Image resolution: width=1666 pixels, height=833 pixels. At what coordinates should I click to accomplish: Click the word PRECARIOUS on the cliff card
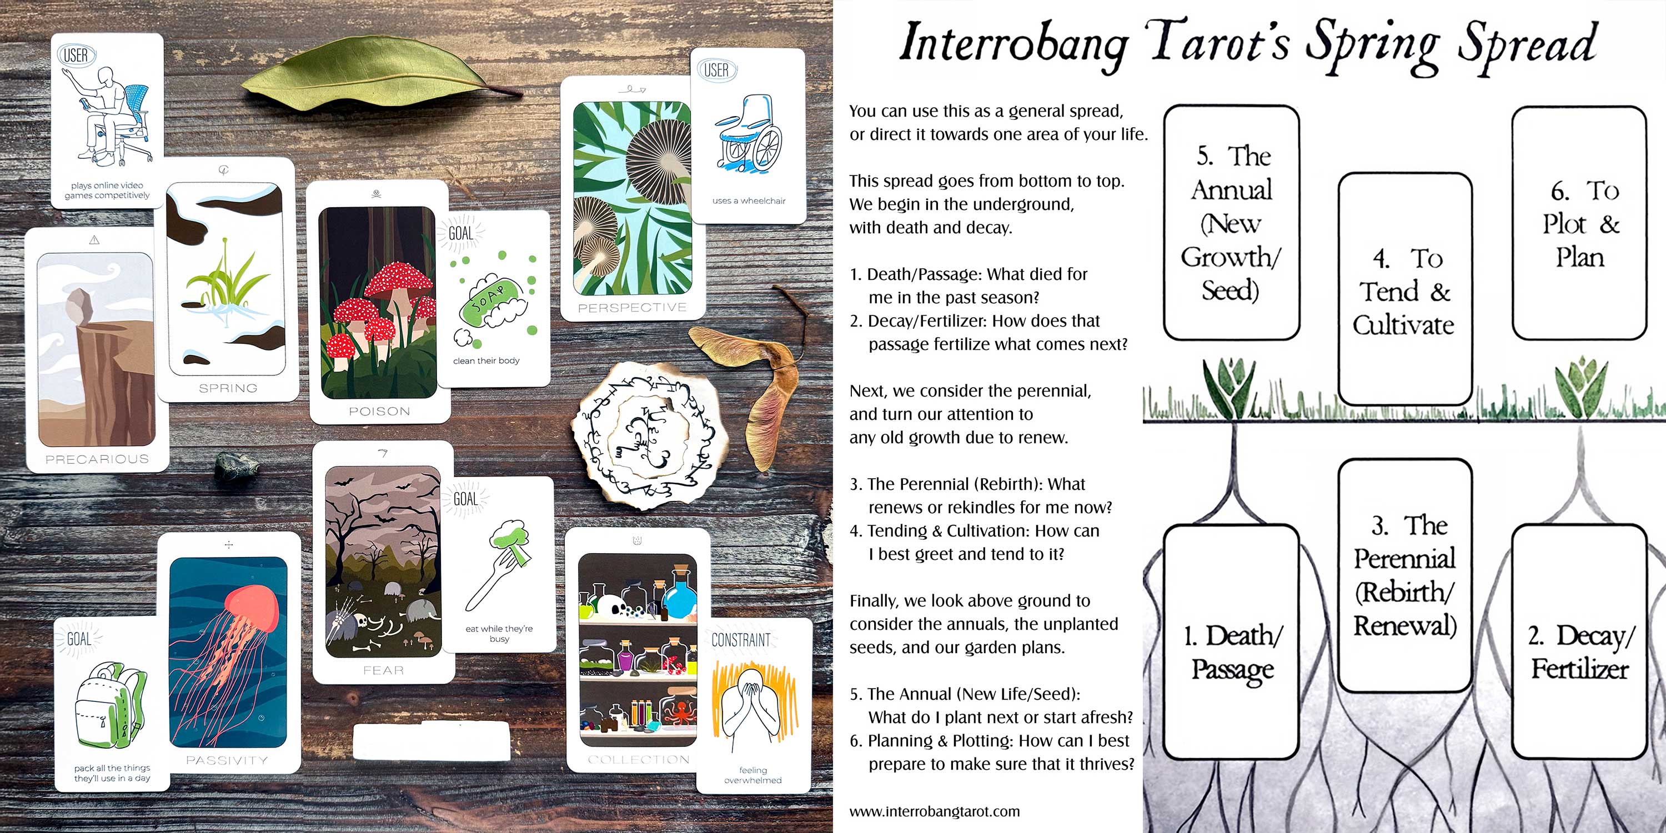pos(97,459)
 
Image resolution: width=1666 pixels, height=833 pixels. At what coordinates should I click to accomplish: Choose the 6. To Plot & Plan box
pos(1579,223)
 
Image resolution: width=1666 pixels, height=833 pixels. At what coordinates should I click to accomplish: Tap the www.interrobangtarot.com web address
pos(934,811)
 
